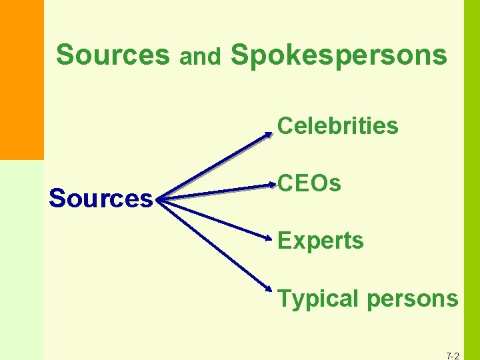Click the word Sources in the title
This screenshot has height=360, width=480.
(x=113, y=55)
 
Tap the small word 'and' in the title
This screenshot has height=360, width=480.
(x=200, y=58)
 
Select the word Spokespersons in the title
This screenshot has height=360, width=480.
(x=339, y=56)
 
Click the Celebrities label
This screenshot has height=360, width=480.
(x=338, y=125)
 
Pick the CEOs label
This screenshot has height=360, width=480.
(x=309, y=183)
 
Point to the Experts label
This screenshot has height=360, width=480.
(x=321, y=241)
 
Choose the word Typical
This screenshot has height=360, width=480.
(x=318, y=299)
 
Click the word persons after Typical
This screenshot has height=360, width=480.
(x=413, y=299)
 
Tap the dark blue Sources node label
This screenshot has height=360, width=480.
(x=101, y=199)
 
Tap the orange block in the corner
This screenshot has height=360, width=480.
(x=21, y=80)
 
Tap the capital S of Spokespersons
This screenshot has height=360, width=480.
(x=239, y=55)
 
